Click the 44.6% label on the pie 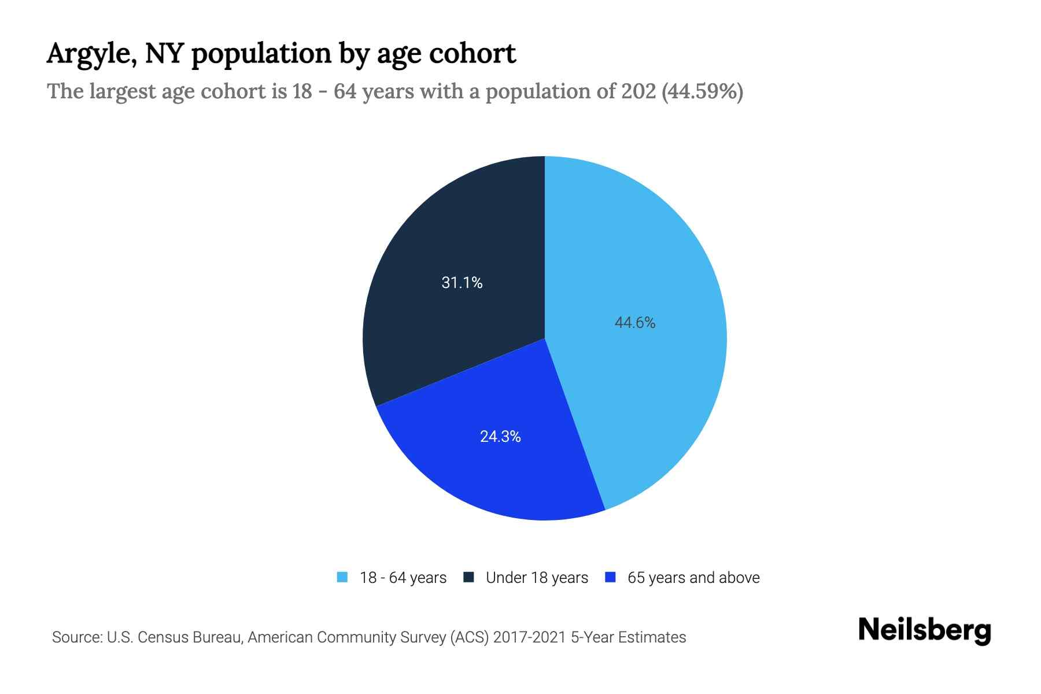[634, 323]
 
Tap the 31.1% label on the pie [462, 282]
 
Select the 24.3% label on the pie [500, 437]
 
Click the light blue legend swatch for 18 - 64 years [342, 577]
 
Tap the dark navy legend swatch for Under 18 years [468, 577]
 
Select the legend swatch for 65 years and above [610, 577]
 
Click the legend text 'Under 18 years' [537, 578]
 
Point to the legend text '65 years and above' [693, 578]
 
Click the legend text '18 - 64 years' [403, 578]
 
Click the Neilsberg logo [924, 630]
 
